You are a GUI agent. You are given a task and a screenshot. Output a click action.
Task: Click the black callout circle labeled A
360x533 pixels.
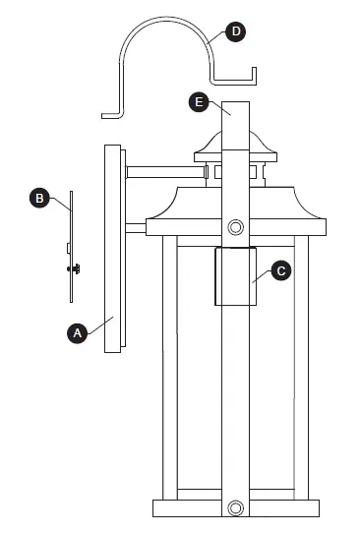coord(77,333)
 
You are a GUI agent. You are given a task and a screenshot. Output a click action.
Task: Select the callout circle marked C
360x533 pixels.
coord(280,268)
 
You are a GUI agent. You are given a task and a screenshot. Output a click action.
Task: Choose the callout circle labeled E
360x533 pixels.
coord(199,102)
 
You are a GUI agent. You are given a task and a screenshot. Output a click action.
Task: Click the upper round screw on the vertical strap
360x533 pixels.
coord(235,227)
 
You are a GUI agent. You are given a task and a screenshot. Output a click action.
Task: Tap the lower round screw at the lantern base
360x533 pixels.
coord(235,507)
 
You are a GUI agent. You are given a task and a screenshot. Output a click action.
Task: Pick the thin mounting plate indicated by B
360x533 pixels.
coord(71,246)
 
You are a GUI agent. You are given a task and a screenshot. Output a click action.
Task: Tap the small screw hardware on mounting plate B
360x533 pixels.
coord(71,266)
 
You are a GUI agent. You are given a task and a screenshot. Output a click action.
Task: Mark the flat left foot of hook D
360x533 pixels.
coord(110,114)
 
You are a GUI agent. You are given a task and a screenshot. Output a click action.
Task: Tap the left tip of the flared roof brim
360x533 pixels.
coord(148,220)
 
